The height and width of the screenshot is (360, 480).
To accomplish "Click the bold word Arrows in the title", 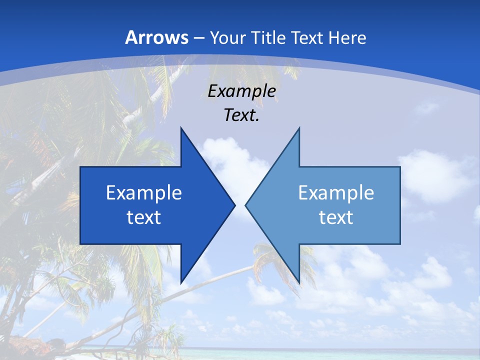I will point(157,37).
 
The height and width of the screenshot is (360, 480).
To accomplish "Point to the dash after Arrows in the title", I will point(198,38).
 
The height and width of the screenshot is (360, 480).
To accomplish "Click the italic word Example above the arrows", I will point(241,91).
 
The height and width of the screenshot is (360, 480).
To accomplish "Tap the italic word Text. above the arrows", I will point(241,115).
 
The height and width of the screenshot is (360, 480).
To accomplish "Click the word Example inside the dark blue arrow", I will point(144,193).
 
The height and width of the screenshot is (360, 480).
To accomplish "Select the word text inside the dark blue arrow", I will point(144,217).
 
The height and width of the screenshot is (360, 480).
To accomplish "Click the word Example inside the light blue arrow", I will point(336,193).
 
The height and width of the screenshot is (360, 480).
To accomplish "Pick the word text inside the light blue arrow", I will point(336,217).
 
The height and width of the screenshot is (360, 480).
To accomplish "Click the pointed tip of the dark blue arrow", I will point(234,205).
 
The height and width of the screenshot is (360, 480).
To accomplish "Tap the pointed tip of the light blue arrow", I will point(246,205).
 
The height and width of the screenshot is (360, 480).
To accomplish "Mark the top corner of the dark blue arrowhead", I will point(181,128).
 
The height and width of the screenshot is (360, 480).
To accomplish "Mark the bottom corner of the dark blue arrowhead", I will point(181,282).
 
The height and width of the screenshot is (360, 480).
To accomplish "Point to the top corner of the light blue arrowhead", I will point(299,128).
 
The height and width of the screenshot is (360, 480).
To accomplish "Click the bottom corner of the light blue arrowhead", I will point(299,282).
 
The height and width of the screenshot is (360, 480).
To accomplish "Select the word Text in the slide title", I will point(307,37).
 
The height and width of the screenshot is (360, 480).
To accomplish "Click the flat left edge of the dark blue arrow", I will point(80,205).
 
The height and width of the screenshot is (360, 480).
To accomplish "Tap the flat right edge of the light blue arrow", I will point(400,205).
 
